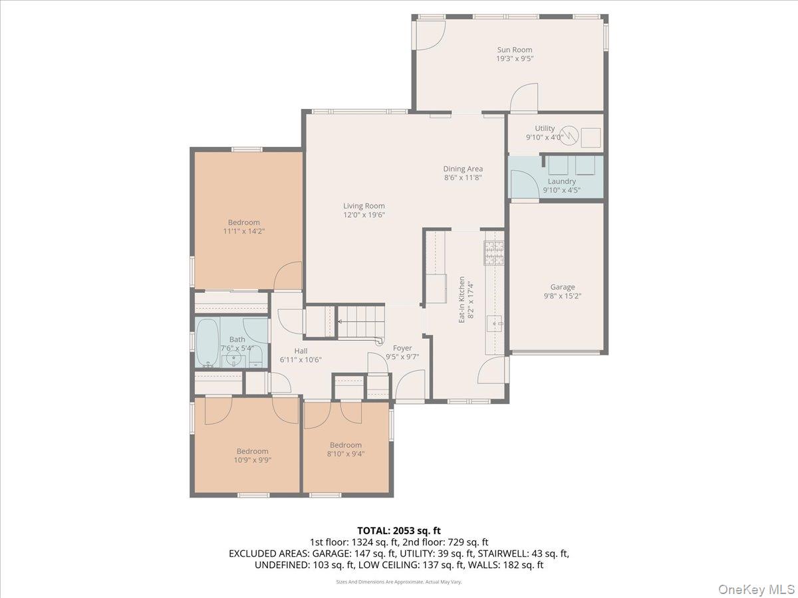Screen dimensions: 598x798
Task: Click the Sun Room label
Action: click(x=515, y=50)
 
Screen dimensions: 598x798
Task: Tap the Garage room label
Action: click(x=563, y=287)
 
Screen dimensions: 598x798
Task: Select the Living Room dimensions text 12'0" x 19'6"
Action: click(x=364, y=215)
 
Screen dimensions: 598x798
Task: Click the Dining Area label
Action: click(x=463, y=169)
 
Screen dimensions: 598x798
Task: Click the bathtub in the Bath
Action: click(x=207, y=342)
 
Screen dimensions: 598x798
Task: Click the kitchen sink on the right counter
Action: click(x=495, y=324)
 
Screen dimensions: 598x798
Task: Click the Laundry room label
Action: click(x=562, y=181)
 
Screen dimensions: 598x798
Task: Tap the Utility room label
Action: click(x=545, y=128)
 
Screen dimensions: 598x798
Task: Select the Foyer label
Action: click(x=402, y=348)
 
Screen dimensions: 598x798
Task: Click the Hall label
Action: click(x=301, y=351)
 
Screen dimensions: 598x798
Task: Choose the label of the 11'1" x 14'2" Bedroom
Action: click(x=244, y=223)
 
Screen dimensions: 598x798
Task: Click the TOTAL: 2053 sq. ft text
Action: click(x=398, y=530)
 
